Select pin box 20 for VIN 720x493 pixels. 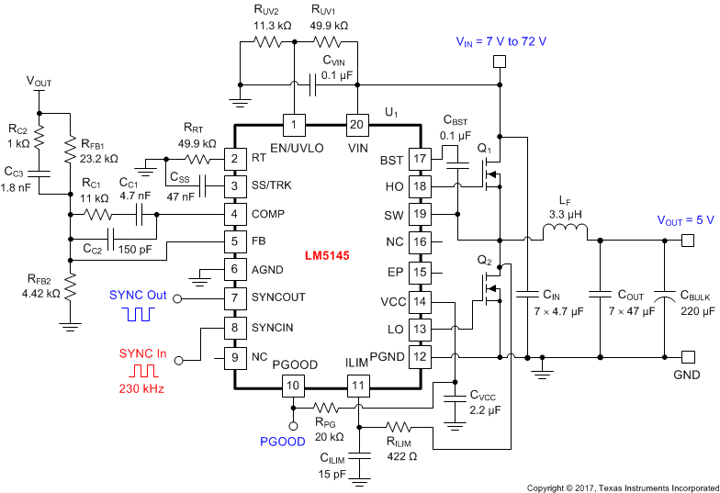click(355, 124)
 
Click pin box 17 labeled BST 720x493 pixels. click(420, 160)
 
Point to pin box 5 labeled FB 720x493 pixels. click(236, 242)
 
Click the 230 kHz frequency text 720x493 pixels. click(142, 388)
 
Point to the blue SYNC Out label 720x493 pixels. click(138, 295)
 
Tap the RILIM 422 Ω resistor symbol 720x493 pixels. click(401, 427)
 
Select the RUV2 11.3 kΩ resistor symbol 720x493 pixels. click(271, 41)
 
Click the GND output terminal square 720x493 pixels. click(685, 357)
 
